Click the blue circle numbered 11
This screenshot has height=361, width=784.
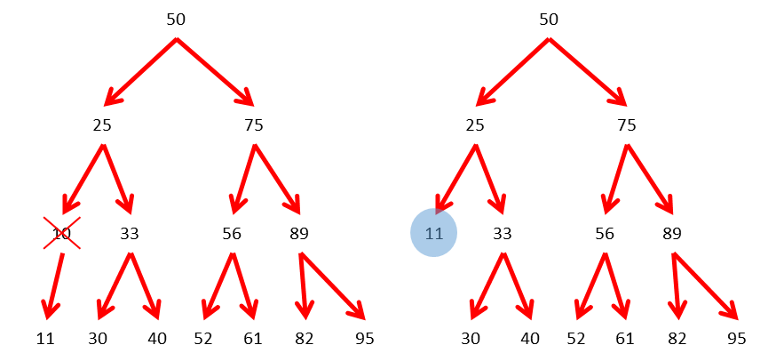coord(433,233)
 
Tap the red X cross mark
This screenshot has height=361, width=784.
coord(62,233)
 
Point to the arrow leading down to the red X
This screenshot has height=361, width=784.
coord(83,179)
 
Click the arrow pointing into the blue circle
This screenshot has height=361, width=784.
coord(455,179)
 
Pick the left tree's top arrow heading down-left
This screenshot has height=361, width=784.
coord(140,72)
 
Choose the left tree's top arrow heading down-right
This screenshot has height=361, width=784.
coord(215,72)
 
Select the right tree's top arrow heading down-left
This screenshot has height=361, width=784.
coord(512,72)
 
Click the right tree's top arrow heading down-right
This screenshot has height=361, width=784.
coord(588,72)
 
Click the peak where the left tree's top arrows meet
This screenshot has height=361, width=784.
coord(177,39)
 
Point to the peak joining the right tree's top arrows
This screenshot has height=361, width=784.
coord(549,39)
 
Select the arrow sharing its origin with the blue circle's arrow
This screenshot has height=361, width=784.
coord(490,179)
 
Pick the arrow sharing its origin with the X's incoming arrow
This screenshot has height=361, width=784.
coord(118,179)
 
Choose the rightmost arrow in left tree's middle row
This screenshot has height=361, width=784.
coord(278,179)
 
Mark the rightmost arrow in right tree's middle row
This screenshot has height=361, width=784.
coord(651,179)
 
